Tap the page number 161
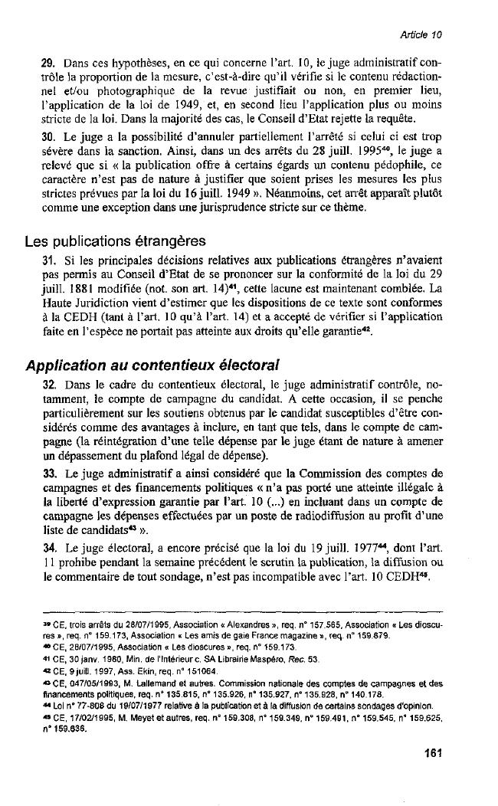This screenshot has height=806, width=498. [434, 753]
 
